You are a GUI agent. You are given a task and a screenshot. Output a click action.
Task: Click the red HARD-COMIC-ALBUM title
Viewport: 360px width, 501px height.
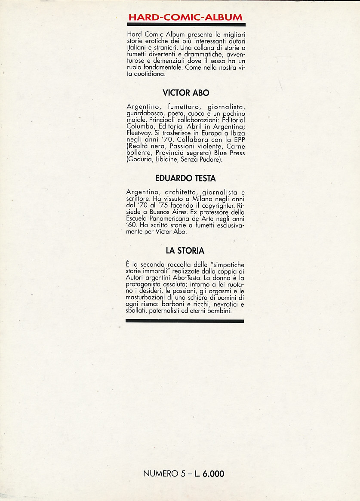(185, 17)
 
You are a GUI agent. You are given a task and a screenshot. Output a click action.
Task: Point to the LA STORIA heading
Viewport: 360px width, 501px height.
(185, 250)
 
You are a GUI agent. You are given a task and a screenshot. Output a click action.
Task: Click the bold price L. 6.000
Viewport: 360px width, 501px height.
(208, 474)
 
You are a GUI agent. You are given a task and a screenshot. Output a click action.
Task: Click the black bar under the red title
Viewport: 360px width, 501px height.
(185, 25)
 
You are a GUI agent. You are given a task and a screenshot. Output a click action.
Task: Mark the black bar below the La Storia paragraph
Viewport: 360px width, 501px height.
(185, 321)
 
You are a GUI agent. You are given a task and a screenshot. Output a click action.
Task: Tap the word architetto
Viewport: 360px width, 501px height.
(176, 191)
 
